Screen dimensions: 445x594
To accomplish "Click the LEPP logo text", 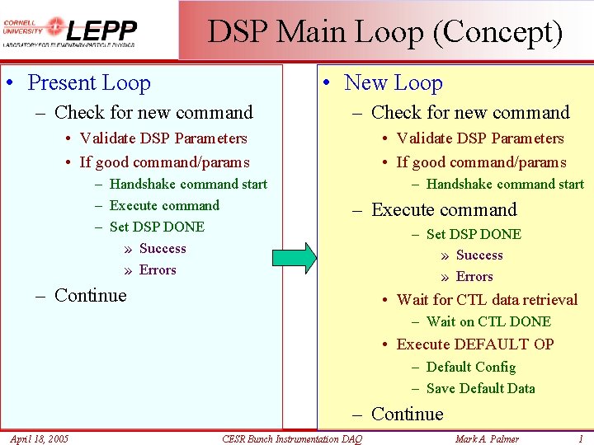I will point(101,31).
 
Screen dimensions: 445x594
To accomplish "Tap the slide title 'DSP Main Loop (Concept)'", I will point(385,32).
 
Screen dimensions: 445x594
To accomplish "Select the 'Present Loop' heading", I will point(89,83).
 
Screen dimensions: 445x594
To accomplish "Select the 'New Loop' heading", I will point(394,83).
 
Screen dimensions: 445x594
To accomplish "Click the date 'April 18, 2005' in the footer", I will point(40,438).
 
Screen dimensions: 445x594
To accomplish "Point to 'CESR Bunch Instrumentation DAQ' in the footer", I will point(292,439).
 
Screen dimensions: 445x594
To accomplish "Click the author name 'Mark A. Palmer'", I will point(488,438).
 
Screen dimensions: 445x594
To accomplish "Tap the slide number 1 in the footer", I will point(581,438).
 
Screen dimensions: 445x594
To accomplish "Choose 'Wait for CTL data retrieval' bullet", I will point(487,300).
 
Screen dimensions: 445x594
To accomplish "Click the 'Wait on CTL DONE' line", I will point(488,322).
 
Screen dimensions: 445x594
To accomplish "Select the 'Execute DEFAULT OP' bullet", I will point(475,344).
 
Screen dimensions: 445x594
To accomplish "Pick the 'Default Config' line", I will point(471,368).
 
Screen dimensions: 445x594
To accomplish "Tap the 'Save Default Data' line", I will point(480,389).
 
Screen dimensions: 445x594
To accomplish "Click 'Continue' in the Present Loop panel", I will point(90,296).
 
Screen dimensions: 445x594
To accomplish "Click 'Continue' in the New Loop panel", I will point(408,415).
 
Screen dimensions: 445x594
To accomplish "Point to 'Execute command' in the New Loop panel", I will point(444,210).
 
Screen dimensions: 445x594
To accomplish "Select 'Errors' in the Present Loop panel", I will point(158,270).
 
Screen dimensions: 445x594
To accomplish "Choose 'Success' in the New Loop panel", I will point(479,255).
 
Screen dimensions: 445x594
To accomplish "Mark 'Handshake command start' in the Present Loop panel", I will point(188,185).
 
